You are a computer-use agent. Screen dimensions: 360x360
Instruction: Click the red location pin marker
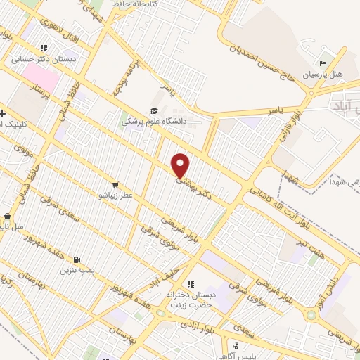tap(181, 165)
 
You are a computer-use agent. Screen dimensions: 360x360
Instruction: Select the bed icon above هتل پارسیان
tap(323, 61)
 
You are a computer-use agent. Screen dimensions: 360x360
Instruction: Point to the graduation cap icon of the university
tap(153, 110)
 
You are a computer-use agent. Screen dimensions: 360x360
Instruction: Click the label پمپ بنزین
tap(76, 269)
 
